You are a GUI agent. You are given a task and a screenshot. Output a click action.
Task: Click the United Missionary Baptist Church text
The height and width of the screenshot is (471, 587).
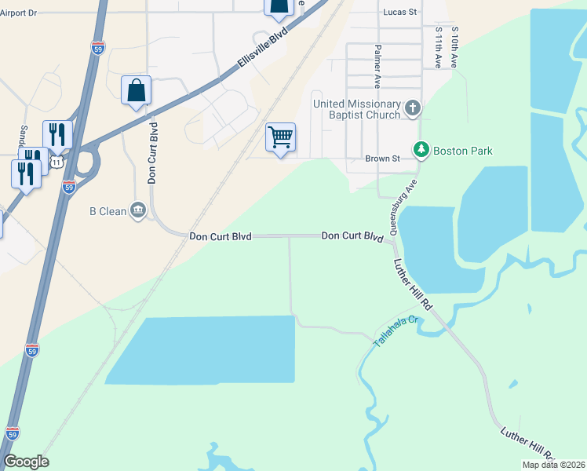[x=357, y=109]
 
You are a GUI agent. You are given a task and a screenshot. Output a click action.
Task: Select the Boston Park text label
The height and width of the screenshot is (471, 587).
[x=463, y=150]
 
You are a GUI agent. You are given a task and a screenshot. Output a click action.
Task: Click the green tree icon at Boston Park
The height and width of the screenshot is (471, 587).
[x=421, y=149]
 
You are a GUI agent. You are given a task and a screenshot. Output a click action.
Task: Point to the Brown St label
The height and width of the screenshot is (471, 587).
[x=383, y=159]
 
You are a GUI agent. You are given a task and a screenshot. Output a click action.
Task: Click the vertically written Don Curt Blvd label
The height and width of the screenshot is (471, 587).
[x=153, y=152]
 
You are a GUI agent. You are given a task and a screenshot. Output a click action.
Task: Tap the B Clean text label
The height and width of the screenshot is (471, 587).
[x=108, y=211]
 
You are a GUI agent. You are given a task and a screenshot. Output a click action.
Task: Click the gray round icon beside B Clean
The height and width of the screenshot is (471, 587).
[x=138, y=210]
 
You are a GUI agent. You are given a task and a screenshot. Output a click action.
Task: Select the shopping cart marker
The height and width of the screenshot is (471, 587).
[x=281, y=137]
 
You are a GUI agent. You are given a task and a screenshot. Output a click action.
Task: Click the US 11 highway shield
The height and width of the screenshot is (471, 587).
[x=57, y=162]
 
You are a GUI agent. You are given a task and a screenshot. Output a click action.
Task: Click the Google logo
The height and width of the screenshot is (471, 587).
[x=26, y=462]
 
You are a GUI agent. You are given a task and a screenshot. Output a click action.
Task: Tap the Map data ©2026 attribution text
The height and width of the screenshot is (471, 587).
[x=552, y=465]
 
